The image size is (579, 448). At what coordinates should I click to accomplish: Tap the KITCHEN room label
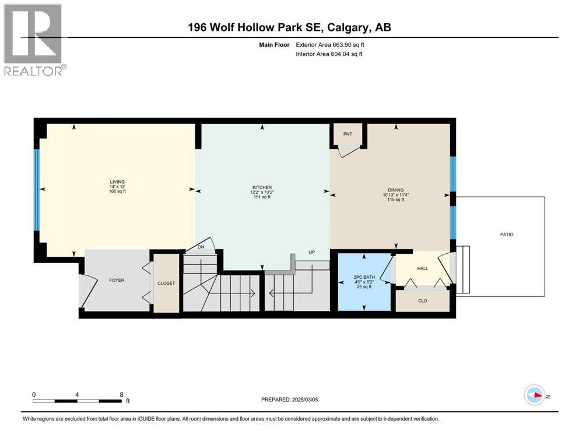262,187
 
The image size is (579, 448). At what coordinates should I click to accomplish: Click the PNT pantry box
348,134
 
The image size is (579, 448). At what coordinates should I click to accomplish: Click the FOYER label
116,280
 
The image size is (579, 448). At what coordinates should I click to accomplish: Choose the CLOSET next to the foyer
166,283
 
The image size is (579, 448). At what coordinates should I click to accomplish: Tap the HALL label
422,268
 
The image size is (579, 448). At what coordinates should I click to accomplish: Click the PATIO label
506,235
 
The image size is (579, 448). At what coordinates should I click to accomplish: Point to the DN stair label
201,247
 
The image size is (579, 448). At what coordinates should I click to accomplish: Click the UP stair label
312,253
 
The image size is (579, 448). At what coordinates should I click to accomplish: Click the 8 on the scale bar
121,394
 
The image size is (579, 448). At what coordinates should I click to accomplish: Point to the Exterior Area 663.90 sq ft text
333,44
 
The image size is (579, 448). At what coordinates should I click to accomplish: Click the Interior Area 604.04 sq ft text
333,54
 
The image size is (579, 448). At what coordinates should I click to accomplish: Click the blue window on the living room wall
36,190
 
